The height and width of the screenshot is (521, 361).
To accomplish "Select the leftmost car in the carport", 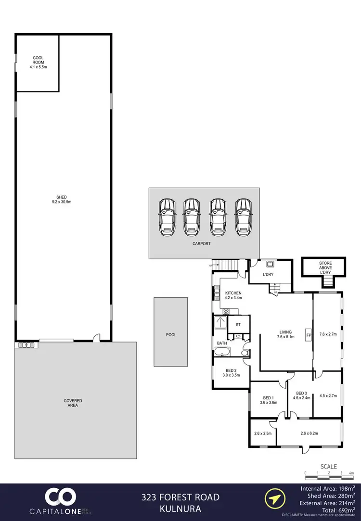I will point(167,216).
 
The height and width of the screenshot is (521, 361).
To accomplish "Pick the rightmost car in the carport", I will point(243,216).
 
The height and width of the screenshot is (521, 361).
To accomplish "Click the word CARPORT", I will point(202,244).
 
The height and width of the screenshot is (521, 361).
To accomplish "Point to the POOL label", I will point(170,334).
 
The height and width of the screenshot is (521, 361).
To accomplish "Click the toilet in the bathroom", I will point(245,353).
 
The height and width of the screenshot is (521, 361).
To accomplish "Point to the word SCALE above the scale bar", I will point(329,466).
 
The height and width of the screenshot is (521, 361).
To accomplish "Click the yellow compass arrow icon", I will point(272,500).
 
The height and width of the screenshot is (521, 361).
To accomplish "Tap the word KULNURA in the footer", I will point(180,508).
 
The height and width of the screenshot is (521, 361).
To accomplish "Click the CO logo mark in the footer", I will point(60,498).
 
